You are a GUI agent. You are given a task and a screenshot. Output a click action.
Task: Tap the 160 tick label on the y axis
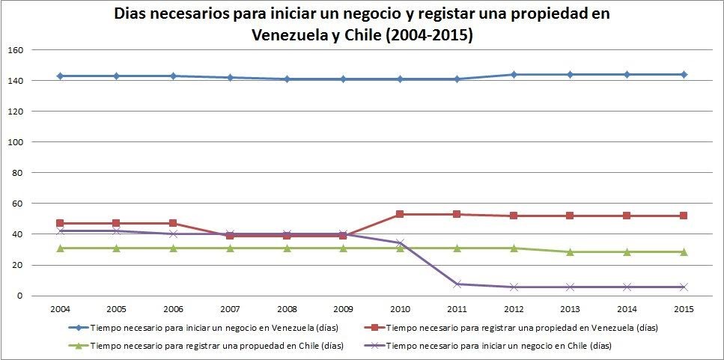(x=16, y=50)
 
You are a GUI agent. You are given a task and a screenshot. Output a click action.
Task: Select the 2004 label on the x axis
(x=59, y=309)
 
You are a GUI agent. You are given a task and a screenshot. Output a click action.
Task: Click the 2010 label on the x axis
(x=400, y=309)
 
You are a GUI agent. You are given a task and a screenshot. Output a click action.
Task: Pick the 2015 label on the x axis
(x=684, y=309)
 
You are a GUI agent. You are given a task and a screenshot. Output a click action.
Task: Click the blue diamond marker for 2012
(x=514, y=74)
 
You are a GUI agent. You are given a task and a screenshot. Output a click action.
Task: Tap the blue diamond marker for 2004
(x=59, y=76)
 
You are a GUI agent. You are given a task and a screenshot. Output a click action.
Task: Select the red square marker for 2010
(x=400, y=214)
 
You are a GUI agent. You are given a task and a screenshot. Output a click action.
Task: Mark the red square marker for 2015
(x=684, y=216)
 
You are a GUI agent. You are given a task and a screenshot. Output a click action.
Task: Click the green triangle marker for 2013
(x=571, y=252)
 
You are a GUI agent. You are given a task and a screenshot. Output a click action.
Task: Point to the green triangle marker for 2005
(x=116, y=248)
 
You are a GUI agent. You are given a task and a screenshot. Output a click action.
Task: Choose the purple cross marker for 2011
(x=457, y=284)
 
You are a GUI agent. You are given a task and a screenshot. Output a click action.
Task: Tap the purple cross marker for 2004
(x=59, y=231)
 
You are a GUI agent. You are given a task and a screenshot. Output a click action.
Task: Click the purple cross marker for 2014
(x=627, y=287)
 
